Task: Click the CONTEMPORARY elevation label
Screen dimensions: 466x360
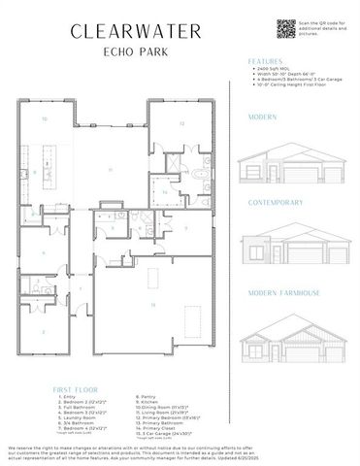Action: [x=276, y=203]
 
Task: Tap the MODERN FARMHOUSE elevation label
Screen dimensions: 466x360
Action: [x=282, y=291]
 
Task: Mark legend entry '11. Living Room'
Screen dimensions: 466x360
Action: [x=165, y=412]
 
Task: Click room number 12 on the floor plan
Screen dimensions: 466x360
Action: [x=180, y=124]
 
